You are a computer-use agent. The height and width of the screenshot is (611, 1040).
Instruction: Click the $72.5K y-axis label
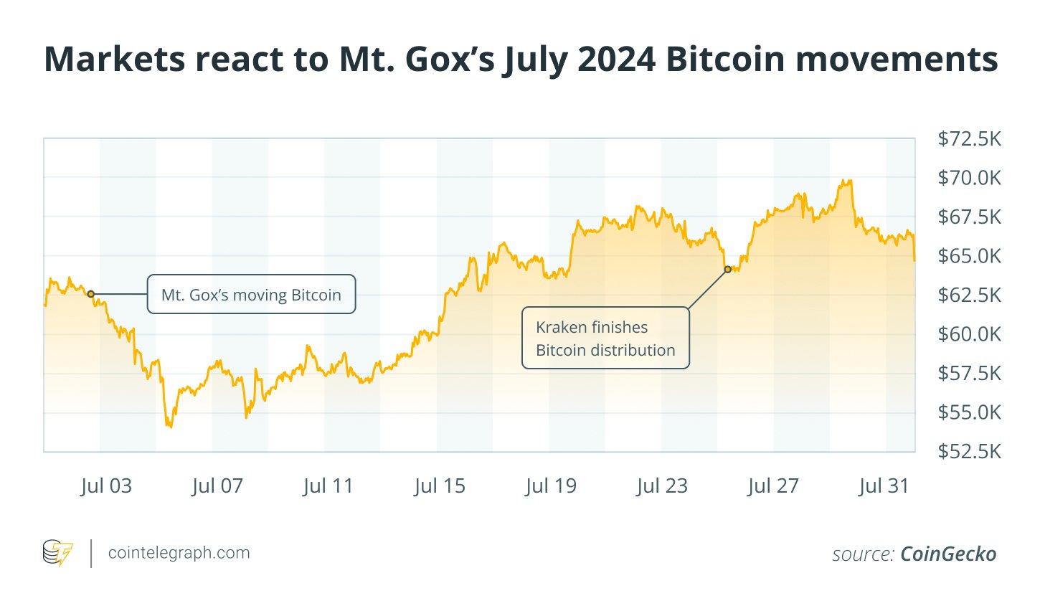(969, 138)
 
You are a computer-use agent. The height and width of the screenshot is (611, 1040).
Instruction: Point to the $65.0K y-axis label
(969, 256)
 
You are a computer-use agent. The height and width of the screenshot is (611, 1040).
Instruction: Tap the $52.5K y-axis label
(969, 451)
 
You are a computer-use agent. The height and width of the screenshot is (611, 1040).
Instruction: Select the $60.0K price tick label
(969, 334)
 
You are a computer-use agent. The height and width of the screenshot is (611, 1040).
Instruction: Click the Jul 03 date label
(106, 486)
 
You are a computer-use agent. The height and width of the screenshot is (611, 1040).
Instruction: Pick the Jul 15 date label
(440, 486)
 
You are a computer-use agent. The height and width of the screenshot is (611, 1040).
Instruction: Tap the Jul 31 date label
(884, 486)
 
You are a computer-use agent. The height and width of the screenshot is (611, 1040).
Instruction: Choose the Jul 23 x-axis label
(662, 486)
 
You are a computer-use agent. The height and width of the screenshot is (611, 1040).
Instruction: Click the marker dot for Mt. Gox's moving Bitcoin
(90, 294)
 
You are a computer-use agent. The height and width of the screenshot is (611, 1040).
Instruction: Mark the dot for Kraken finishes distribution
(728, 270)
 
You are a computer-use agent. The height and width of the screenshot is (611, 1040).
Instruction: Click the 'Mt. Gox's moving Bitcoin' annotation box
(251, 295)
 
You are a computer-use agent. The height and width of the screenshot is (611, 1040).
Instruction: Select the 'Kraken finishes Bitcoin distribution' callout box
(605, 338)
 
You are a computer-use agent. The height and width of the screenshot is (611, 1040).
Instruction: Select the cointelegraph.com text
(179, 553)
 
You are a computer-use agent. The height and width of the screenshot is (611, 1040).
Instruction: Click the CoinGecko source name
(948, 554)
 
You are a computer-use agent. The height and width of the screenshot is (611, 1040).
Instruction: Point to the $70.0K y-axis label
(969, 178)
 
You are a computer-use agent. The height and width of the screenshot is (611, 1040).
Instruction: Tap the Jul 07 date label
(217, 486)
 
